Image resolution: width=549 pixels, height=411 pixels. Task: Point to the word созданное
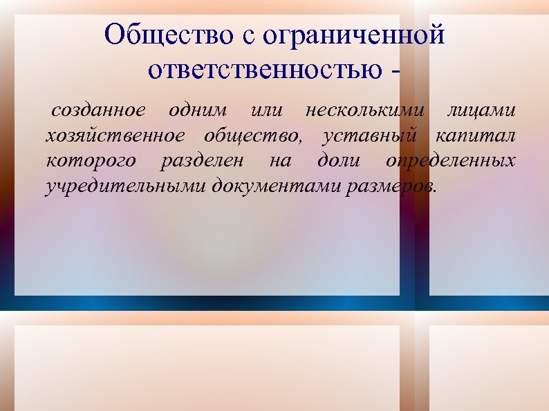(x=98, y=110)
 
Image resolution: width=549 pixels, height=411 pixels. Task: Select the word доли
(x=338, y=161)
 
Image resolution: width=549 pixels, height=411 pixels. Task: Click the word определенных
(x=451, y=161)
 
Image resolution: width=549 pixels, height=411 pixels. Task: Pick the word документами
(x=276, y=187)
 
